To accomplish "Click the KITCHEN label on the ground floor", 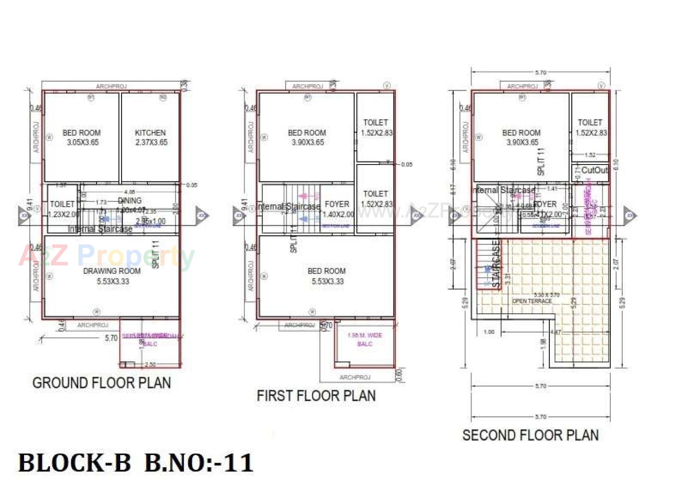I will tap(150, 133).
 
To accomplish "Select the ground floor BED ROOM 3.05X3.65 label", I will tap(82, 137).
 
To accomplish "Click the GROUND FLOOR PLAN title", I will tap(101, 383).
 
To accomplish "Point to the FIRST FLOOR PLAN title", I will tap(316, 395).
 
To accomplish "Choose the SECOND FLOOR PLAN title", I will tap(530, 435).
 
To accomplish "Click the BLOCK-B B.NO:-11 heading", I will tap(136, 463).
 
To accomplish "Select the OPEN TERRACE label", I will tap(532, 301).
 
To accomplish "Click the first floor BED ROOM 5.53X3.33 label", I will tap(327, 276).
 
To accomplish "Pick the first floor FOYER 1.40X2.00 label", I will tap(337, 209).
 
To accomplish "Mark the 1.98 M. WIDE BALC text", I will tap(365, 339).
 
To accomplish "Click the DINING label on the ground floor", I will tap(130, 201).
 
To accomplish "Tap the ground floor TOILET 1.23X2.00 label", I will tap(63, 209).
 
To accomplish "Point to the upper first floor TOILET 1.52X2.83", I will tap(376, 127).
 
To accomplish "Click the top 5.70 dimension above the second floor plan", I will tap(540, 73).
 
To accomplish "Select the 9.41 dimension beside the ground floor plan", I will tap(30, 204).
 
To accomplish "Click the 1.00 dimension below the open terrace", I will tap(489, 332).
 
